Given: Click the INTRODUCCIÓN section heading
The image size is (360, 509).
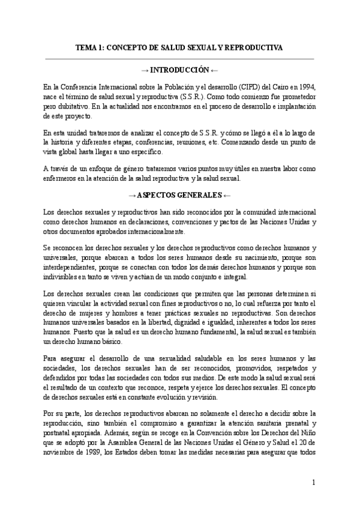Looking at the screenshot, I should pyautogui.click(x=180, y=69).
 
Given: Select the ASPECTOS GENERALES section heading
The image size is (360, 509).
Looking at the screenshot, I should pyautogui.click(x=180, y=195).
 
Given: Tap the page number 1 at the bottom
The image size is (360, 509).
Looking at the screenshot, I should pyautogui.click(x=314, y=482).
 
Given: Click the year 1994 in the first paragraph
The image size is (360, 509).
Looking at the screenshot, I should pyautogui.click(x=306, y=86).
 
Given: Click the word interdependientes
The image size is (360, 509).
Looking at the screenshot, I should pyautogui.click(x=70, y=267).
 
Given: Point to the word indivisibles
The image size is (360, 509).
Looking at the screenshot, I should pyautogui.click(x=62, y=276).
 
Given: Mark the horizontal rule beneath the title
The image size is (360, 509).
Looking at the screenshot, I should pyautogui.click(x=180, y=58).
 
